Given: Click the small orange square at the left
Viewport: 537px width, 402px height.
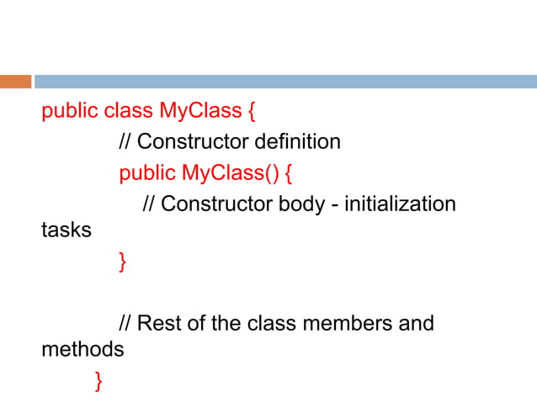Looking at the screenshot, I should (15, 82).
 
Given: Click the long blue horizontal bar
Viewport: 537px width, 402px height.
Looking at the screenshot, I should (285, 82).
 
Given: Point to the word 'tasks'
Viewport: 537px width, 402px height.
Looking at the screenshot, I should (66, 229).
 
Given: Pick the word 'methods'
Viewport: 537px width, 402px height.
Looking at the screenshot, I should (82, 348).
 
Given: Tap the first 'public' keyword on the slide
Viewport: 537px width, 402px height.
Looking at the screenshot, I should (70, 110).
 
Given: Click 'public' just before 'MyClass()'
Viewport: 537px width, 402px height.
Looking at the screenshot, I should (147, 173).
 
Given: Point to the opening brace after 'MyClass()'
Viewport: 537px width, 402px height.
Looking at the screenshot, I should (289, 173).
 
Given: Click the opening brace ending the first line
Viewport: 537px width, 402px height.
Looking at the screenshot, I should (250, 110).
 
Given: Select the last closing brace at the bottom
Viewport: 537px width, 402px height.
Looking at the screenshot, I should (99, 381).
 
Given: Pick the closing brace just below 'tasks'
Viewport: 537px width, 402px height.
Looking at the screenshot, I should (123, 262).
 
